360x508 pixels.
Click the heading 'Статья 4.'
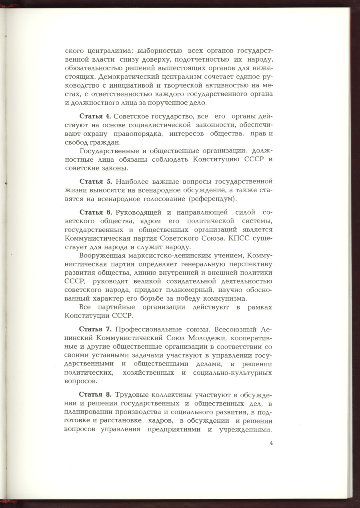[x=95, y=116]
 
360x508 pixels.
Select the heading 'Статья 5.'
[x=95, y=181]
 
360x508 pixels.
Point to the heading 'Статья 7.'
[x=95, y=329]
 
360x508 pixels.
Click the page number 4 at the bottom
[x=271, y=443]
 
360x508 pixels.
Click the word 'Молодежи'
[x=208, y=338]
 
